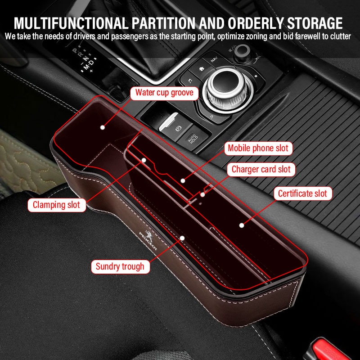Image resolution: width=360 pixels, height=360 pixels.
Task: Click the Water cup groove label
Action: point(164,93)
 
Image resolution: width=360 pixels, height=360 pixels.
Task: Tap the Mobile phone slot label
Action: point(258,148)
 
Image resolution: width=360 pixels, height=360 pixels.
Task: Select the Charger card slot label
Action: point(261,170)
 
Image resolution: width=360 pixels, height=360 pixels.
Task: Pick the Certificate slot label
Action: point(303,193)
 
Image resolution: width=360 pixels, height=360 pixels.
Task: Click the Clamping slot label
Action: point(57,205)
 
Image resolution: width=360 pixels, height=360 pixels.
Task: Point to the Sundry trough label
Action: point(120,266)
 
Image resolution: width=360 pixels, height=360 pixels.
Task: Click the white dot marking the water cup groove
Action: point(103,127)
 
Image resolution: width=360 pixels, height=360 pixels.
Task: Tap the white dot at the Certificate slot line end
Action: point(242,225)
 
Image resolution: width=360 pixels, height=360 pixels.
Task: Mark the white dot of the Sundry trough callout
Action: point(182,238)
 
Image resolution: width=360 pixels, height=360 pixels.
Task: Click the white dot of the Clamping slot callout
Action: point(144,160)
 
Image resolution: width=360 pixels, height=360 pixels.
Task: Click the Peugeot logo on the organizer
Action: point(148,240)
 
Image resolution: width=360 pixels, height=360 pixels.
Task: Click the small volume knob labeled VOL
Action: point(242,51)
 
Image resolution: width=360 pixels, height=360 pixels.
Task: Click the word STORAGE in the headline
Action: point(315,23)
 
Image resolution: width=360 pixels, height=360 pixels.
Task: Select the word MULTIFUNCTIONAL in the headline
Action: point(71,23)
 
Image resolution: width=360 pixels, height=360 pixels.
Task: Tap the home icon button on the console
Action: point(202,69)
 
